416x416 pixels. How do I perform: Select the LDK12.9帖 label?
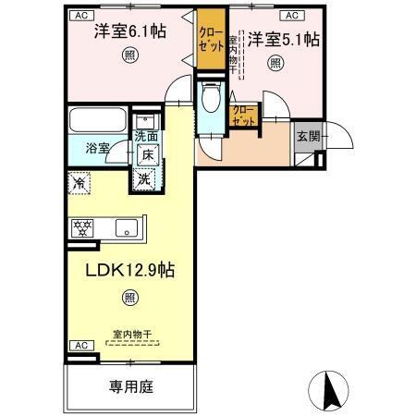pyautogui.click(x=129, y=272)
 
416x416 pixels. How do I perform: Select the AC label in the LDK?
pyautogui.click(x=79, y=346)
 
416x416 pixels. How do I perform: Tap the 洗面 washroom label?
pyautogui.click(x=146, y=137)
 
